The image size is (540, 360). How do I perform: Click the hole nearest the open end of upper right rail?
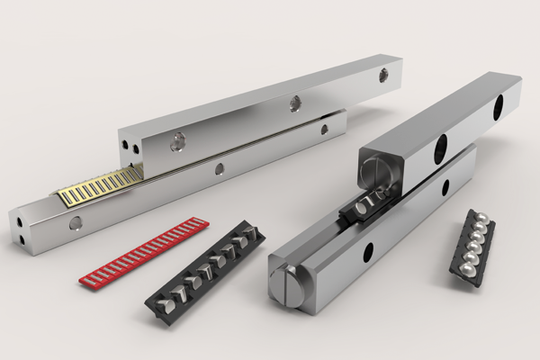coord(442,147)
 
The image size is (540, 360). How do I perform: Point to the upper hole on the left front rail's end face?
coord(21,217)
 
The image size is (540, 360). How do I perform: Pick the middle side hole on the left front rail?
coord(218,168)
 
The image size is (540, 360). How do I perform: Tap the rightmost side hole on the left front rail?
coord(326,130)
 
